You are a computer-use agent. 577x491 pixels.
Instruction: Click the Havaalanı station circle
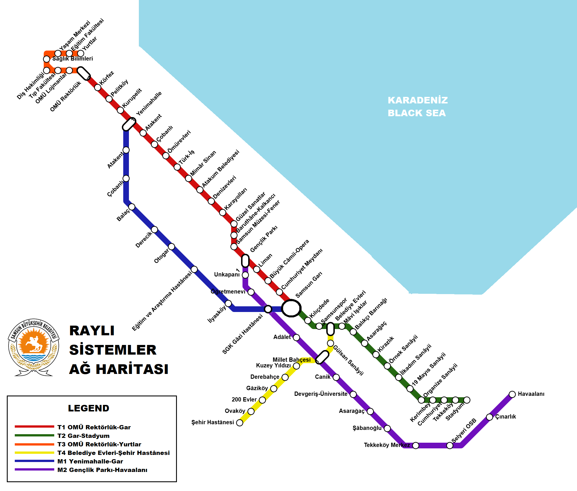[x=512, y=394]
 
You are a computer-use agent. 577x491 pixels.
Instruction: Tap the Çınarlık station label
[x=505, y=417]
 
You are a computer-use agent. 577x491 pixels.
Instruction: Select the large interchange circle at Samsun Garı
[x=291, y=308]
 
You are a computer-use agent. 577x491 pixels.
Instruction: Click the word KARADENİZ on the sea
[x=417, y=100]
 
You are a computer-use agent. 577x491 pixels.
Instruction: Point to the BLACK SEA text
[x=417, y=113]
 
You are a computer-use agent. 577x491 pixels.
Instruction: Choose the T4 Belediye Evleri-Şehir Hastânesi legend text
[x=113, y=453]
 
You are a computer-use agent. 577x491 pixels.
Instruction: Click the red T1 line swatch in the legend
[x=34, y=426]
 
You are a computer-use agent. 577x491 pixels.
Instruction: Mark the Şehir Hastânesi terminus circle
[x=240, y=423]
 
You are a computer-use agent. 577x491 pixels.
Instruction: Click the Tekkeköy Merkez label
[x=387, y=445]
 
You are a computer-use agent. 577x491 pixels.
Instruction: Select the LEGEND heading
[x=89, y=408]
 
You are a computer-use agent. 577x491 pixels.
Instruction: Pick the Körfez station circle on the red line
[x=98, y=87]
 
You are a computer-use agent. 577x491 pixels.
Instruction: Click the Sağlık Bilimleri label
[x=72, y=59]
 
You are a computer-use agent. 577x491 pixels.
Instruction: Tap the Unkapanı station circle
[x=245, y=275]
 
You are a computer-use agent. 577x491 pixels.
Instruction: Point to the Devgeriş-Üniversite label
[x=321, y=394]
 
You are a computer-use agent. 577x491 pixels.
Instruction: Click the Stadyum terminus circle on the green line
[x=467, y=400]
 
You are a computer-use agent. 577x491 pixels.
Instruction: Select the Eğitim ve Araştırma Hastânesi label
[x=162, y=301]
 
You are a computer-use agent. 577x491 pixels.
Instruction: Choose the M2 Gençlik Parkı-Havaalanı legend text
[x=102, y=470]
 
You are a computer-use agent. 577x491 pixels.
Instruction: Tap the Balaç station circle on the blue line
[x=132, y=207]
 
